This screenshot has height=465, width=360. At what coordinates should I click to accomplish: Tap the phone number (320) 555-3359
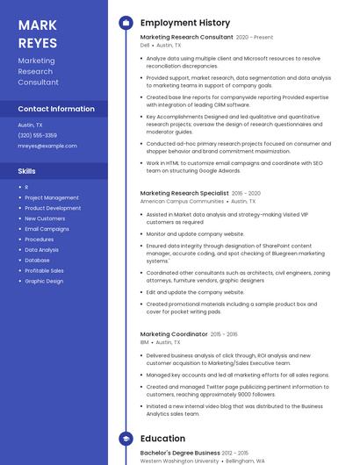pyautogui.click(x=38, y=135)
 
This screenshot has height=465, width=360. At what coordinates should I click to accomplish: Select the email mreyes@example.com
pyautogui.click(x=47, y=146)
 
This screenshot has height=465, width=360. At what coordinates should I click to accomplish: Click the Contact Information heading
pyautogui.click(x=56, y=109)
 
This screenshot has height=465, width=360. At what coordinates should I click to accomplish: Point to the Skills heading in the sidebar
pyautogui.click(x=27, y=170)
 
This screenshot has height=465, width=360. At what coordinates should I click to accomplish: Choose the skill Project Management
pyautogui.click(x=52, y=197)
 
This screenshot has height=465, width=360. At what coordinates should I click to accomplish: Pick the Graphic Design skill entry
pyautogui.click(x=44, y=281)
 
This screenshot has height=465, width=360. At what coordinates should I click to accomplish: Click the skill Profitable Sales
pyautogui.click(x=45, y=270)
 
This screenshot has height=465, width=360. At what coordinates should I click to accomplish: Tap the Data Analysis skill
pyautogui.click(x=42, y=249)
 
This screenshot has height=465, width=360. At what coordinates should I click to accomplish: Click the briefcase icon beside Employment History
pyautogui.click(x=126, y=23)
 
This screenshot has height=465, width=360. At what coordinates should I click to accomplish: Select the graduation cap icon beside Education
pyautogui.click(x=126, y=438)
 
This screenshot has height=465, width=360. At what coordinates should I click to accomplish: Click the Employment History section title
pyautogui.click(x=185, y=23)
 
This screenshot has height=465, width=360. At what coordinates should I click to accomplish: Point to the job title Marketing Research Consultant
pyautogui.click(x=187, y=37)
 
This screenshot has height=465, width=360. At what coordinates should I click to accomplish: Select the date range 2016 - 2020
pyautogui.click(x=246, y=193)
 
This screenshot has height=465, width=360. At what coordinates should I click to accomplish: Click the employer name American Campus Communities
pyautogui.click(x=182, y=201)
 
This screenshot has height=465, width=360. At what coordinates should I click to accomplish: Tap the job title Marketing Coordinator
pyautogui.click(x=174, y=334)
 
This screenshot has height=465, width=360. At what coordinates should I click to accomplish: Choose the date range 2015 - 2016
pyautogui.click(x=224, y=334)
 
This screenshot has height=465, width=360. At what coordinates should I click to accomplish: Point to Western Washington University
pyautogui.click(x=180, y=461)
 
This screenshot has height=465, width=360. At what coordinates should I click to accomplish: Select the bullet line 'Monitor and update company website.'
pyautogui.click(x=195, y=234)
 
